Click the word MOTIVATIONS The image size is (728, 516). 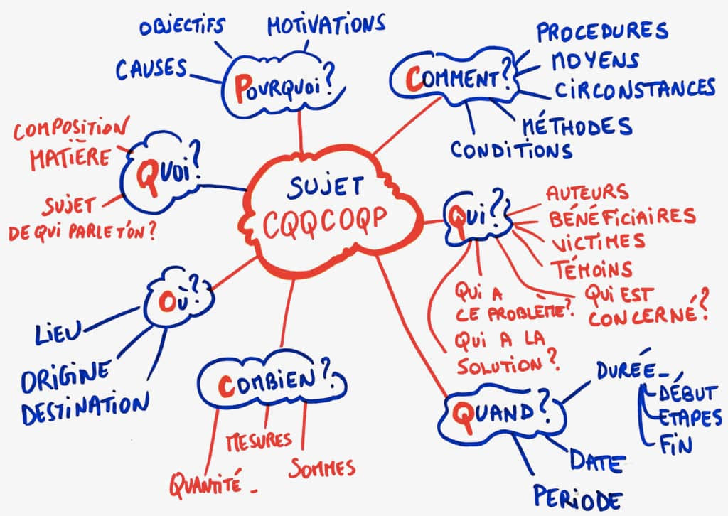(x=326, y=25)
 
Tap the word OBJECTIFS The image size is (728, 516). (x=182, y=26)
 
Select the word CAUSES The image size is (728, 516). (x=151, y=69)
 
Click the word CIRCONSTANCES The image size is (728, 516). (x=635, y=88)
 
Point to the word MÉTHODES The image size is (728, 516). (x=577, y=126)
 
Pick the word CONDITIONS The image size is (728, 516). (x=511, y=149)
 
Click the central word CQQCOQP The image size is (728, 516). (x=324, y=222)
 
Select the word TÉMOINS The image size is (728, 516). (x=591, y=268)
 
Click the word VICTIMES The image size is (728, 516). (x=598, y=242)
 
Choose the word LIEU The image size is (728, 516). (x=58, y=332)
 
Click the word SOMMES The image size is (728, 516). (x=322, y=468)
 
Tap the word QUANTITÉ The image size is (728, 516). (x=205, y=483)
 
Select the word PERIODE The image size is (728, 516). (x=577, y=498)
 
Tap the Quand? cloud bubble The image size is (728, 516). (x=501, y=415)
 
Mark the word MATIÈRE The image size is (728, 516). (x=70, y=158)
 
